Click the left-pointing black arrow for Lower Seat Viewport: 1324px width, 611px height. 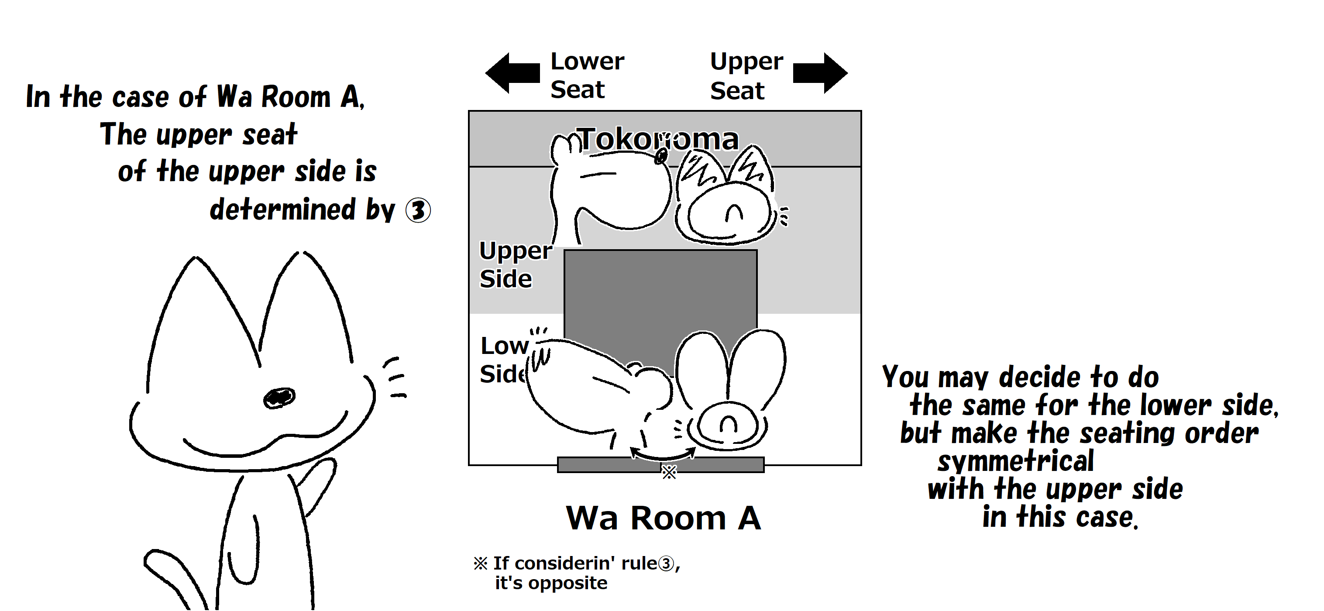point(512,73)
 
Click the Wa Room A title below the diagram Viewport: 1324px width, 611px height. point(663,518)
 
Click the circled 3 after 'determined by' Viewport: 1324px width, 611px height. point(418,211)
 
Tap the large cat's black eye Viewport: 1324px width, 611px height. point(279,397)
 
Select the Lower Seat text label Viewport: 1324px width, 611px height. point(586,76)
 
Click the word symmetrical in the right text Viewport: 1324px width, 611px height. point(1015,461)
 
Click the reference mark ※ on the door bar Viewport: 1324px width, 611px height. point(669,472)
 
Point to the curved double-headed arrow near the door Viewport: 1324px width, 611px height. point(663,455)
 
